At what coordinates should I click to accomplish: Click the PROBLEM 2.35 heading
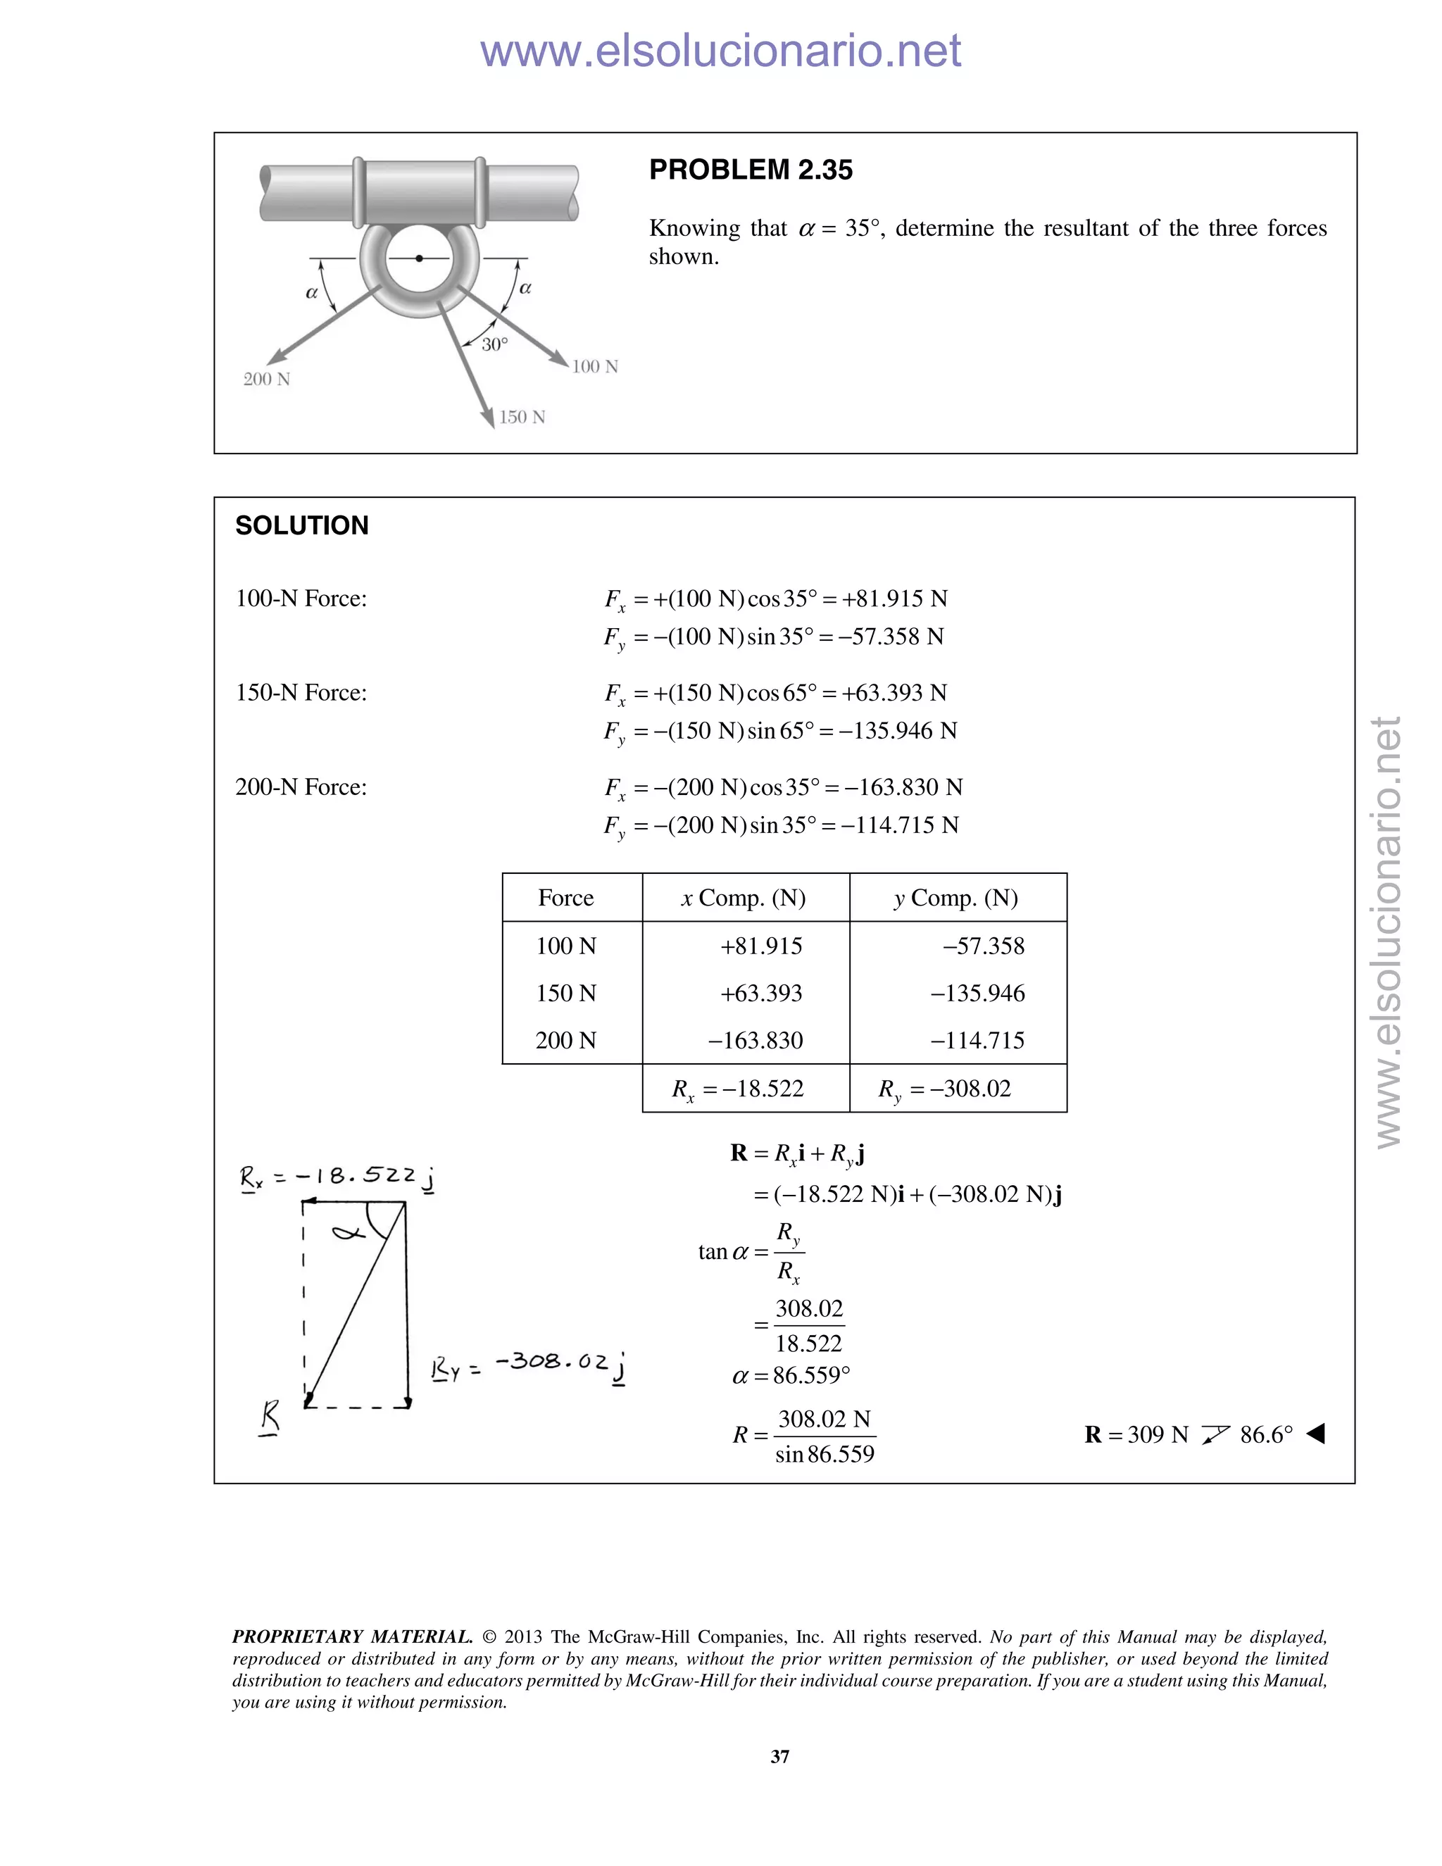(x=750, y=170)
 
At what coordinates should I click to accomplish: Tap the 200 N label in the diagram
(x=267, y=380)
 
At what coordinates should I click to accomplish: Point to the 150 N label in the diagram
(x=522, y=417)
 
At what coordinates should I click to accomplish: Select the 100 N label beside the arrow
(x=594, y=367)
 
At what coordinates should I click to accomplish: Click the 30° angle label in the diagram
(x=494, y=344)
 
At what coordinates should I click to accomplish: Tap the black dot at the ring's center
(x=419, y=258)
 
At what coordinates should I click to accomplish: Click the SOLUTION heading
(x=301, y=525)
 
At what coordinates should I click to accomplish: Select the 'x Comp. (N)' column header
(x=744, y=898)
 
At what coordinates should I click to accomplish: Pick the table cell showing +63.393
(x=760, y=993)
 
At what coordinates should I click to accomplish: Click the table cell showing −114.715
(x=977, y=1040)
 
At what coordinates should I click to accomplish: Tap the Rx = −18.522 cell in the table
(x=738, y=1089)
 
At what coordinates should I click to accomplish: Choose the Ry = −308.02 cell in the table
(x=945, y=1089)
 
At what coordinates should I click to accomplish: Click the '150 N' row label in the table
(x=565, y=993)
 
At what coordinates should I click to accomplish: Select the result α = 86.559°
(x=791, y=1376)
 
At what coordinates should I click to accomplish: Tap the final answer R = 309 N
(x=1136, y=1434)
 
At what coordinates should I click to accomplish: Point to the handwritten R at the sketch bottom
(x=270, y=1419)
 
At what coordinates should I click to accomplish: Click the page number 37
(x=780, y=1757)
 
